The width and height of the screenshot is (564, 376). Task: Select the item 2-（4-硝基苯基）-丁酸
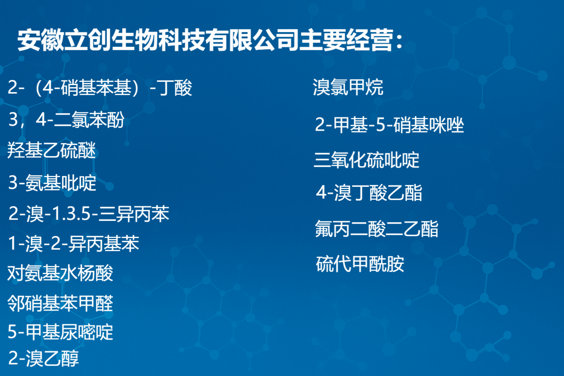click(x=100, y=88)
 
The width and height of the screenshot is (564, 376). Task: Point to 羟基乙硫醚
click(x=52, y=150)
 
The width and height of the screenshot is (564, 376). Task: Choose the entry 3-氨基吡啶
click(x=53, y=182)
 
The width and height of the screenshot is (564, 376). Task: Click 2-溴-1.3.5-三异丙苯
click(x=89, y=214)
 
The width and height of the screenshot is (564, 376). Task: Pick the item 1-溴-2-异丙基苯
click(x=73, y=243)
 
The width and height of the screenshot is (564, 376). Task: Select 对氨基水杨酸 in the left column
click(x=60, y=273)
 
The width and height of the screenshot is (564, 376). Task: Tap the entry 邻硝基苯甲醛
click(x=60, y=303)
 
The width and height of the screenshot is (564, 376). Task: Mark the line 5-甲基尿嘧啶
click(x=61, y=332)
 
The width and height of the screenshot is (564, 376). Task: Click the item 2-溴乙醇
click(x=44, y=358)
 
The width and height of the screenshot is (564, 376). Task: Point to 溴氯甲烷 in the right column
click(x=348, y=87)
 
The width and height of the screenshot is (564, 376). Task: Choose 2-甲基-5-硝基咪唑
click(x=390, y=125)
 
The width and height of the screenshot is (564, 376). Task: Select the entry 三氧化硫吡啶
click(x=366, y=160)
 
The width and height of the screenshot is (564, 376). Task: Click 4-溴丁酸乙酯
click(x=369, y=193)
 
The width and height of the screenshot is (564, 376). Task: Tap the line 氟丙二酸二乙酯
click(x=377, y=229)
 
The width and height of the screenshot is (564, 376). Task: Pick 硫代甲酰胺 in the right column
click(x=360, y=264)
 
